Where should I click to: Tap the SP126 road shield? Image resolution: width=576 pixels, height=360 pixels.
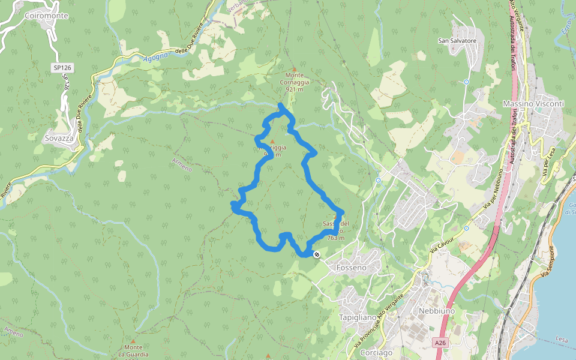pyautogui.click(x=62, y=68)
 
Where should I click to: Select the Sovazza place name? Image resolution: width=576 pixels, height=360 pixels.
pyautogui.click(x=59, y=138)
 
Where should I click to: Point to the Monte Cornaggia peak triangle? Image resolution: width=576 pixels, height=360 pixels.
pyautogui.click(x=294, y=70)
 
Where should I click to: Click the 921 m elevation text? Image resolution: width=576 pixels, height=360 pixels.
pyautogui.click(x=294, y=89)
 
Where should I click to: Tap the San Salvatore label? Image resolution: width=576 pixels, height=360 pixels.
pyautogui.click(x=457, y=41)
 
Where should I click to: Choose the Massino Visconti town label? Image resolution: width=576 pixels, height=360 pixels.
pyautogui.click(x=533, y=104)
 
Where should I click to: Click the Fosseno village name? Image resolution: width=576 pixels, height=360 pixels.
pyautogui.click(x=351, y=268)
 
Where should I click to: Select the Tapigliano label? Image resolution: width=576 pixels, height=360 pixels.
pyautogui.click(x=358, y=317)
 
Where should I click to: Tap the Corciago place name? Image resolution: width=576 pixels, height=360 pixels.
pyautogui.click(x=376, y=353)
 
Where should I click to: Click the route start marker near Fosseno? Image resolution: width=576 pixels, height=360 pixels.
pyautogui.click(x=317, y=254)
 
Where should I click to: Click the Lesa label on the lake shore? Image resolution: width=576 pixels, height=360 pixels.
pyautogui.click(x=562, y=340)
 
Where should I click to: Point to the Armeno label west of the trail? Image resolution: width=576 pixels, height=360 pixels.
pyautogui.click(x=182, y=163)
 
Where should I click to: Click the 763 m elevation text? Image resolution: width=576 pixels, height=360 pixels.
pyautogui.click(x=336, y=238)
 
